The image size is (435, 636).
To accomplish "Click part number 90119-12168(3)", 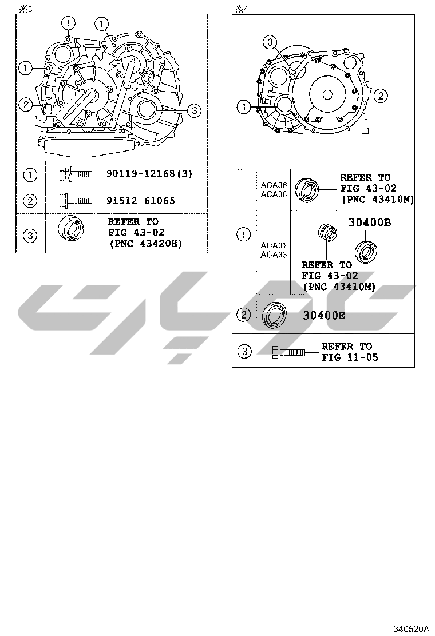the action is [x=149, y=174].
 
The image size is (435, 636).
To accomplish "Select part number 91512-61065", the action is [x=141, y=200].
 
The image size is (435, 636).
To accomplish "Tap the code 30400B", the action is [x=370, y=222].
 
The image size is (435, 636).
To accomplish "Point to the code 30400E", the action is [x=324, y=315].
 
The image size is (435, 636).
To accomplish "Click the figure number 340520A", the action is [x=410, y=629].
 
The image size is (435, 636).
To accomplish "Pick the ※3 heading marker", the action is [x=26, y=9].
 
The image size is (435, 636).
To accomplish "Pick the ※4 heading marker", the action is [x=242, y=9].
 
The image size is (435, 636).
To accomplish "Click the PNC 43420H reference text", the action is [x=146, y=244].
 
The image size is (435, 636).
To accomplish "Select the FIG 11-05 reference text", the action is [x=350, y=357].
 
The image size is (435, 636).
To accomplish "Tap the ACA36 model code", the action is [x=274, y=185].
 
